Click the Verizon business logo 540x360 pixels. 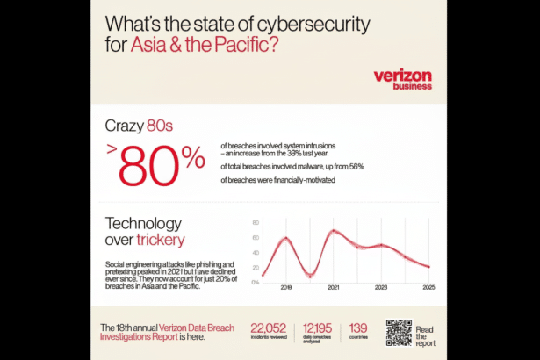pyautogui.click(x=402, y=80)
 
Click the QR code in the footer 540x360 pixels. pyautogui.click(x=398, y=333)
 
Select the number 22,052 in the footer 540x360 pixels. pyautogui.click(x=269, y=327)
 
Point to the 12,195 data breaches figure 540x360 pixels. pyautogui.click(x=319, y=327)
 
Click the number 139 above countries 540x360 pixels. pyautogui.click(x=358, y=327)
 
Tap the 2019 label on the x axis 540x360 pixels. pyautogui.click(x=285, y=287)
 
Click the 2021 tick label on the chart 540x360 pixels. pyautogui.click(x=334, y=287)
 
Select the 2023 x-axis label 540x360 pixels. pyautogui.click(x=381, y=287)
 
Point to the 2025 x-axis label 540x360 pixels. pyautogui.click(x=428, y=287)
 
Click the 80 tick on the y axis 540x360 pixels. pyautogui.click(x=256, y=223)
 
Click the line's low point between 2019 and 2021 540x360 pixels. pyautogui.click(x=309, y=276)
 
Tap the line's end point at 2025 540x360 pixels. pyautogui.click(x=428, y=267)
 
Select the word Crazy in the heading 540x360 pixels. pyautogui.click(x=126, y=125)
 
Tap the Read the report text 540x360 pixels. pyautogui.click(x=424, y=335)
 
